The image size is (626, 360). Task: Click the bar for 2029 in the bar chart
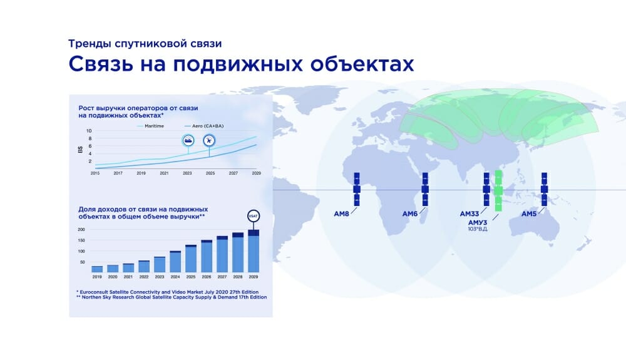[254, 251]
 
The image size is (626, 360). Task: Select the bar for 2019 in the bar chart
[97, 269]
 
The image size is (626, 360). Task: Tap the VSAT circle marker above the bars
[254, 217]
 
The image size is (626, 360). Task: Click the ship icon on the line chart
[188, 140]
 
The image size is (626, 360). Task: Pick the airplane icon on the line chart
[209, 140]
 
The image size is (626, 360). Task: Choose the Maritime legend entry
[150, 126]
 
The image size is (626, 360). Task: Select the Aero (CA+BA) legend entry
[204, 126]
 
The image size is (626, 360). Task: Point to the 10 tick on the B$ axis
[89, 131]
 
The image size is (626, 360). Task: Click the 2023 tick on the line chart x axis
[187, 173]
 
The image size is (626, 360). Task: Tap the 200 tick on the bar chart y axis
[81, 230]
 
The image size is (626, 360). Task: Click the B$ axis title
[80, 150]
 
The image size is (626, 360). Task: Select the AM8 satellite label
[341, 214]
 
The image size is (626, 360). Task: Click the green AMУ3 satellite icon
[498, 191]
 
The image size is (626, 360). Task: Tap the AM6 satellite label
[410, 214]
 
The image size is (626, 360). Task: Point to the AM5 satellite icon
[544, 189]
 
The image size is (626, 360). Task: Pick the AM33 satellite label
[469, 214]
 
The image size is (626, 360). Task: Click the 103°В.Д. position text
[478, 229]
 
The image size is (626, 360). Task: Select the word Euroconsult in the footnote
[93, 292]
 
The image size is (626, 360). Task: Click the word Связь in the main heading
[101, 64]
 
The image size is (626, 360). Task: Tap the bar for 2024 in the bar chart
[175, 262]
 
